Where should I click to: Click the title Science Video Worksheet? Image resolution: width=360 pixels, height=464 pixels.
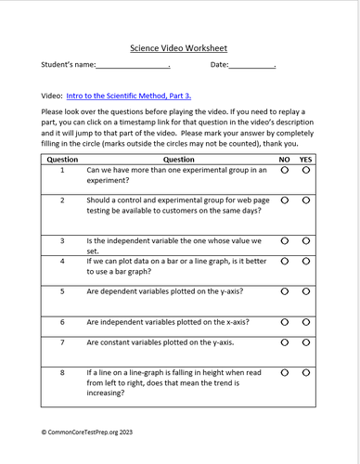(x=179, y=46)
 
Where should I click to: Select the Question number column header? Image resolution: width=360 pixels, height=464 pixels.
(x=61, y=159)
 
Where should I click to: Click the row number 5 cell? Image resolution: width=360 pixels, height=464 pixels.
(x=61, y=291)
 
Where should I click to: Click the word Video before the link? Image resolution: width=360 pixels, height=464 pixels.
(x=52, y=96)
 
